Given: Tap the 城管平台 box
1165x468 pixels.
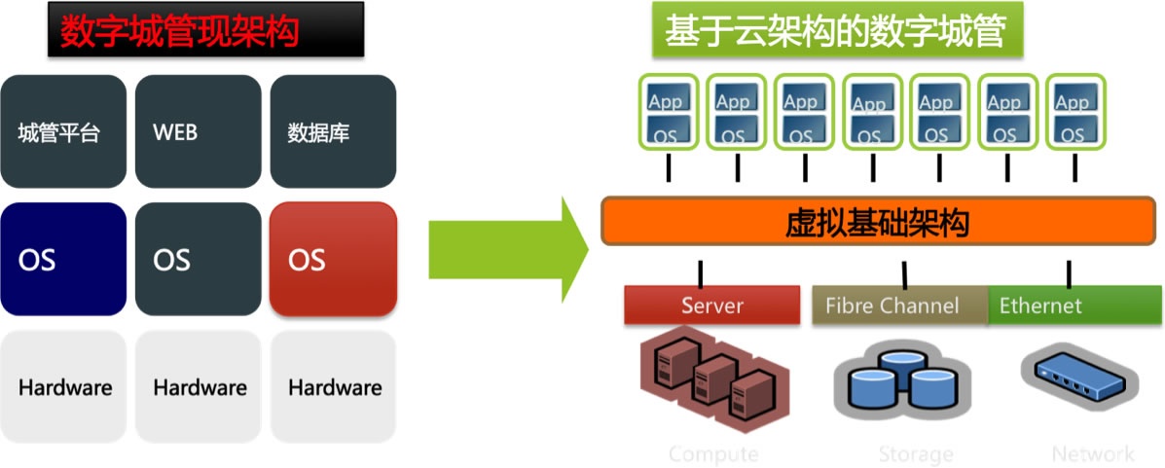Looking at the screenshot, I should (x=63, y=132).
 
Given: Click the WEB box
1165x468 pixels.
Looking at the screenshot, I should (x=199, y=132).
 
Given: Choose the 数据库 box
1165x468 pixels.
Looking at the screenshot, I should (x=333, y=132).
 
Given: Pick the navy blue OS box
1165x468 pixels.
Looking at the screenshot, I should (x=63, y=260).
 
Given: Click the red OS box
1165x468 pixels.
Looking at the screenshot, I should (x=333, y=260).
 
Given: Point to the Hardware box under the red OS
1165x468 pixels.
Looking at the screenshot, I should (x=333, y=387).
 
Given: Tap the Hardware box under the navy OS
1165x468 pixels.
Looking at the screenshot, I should (x=63, y=387).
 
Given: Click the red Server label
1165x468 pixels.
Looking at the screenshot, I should (x=712, y=306).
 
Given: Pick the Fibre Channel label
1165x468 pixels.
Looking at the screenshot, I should (x=892, y=306).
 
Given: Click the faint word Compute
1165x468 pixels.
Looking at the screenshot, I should (x=713, y=454).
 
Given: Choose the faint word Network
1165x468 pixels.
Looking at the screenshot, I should (x=1092, y=454).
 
